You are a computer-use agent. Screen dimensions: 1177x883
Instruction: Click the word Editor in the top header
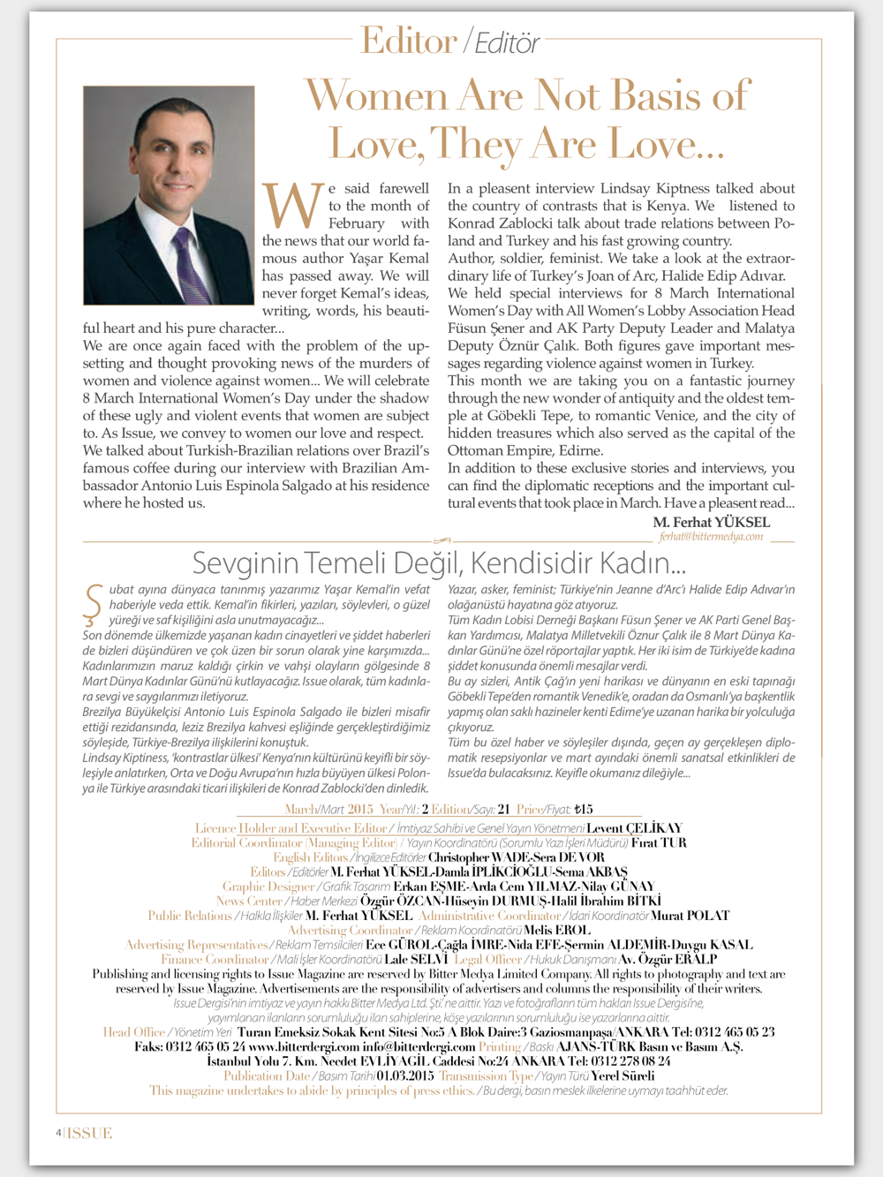pyautogui.click(x=409, y=41)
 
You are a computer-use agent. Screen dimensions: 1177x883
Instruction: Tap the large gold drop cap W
pyautogui.click(x=293, y=206)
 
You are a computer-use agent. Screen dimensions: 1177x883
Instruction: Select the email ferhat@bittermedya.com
pyautogui.click(x=711, y=536)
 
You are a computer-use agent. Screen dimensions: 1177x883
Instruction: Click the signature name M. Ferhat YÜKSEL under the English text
pyautogui.click(x=711, y=522)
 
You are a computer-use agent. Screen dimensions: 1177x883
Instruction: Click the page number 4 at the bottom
pyautogui.click(x=58, y=1133)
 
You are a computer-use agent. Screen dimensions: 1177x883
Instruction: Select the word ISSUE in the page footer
pyautogui.click(x=90, y=1133)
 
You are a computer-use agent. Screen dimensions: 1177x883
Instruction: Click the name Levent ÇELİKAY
pyautogui.click(x=634, y=828)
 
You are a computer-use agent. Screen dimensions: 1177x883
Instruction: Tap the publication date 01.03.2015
pyautogui.click(x=405, y=1075)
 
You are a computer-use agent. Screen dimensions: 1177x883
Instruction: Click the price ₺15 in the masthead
pyautogui.click(x=583, y=809)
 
